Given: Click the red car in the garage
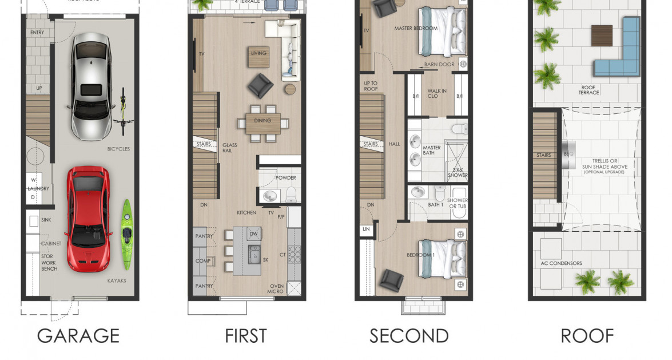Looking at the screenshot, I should [x=86, y=219].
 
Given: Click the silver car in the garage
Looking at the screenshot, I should [x=91, y=86].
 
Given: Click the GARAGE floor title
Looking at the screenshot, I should [x=78, y=335].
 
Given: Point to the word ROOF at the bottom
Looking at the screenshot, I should [x=587, y=335].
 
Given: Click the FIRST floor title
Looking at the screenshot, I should [x=246, y=335].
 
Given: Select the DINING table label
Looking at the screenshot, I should [x=263, y=121].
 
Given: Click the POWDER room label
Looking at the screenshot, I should [x=285, y=178].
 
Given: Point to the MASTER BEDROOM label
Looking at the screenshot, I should [x=416, y=28].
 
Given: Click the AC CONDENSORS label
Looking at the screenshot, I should [x=561, y=263].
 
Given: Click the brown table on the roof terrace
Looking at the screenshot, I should [x=602, y=35].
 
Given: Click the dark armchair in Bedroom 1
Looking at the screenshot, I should [x=392, y=280].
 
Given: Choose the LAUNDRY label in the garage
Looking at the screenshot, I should [x=38, y=188].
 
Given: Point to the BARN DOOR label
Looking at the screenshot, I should [x=439, y=65].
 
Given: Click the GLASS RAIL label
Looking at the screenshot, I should [x=229, y=149].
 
